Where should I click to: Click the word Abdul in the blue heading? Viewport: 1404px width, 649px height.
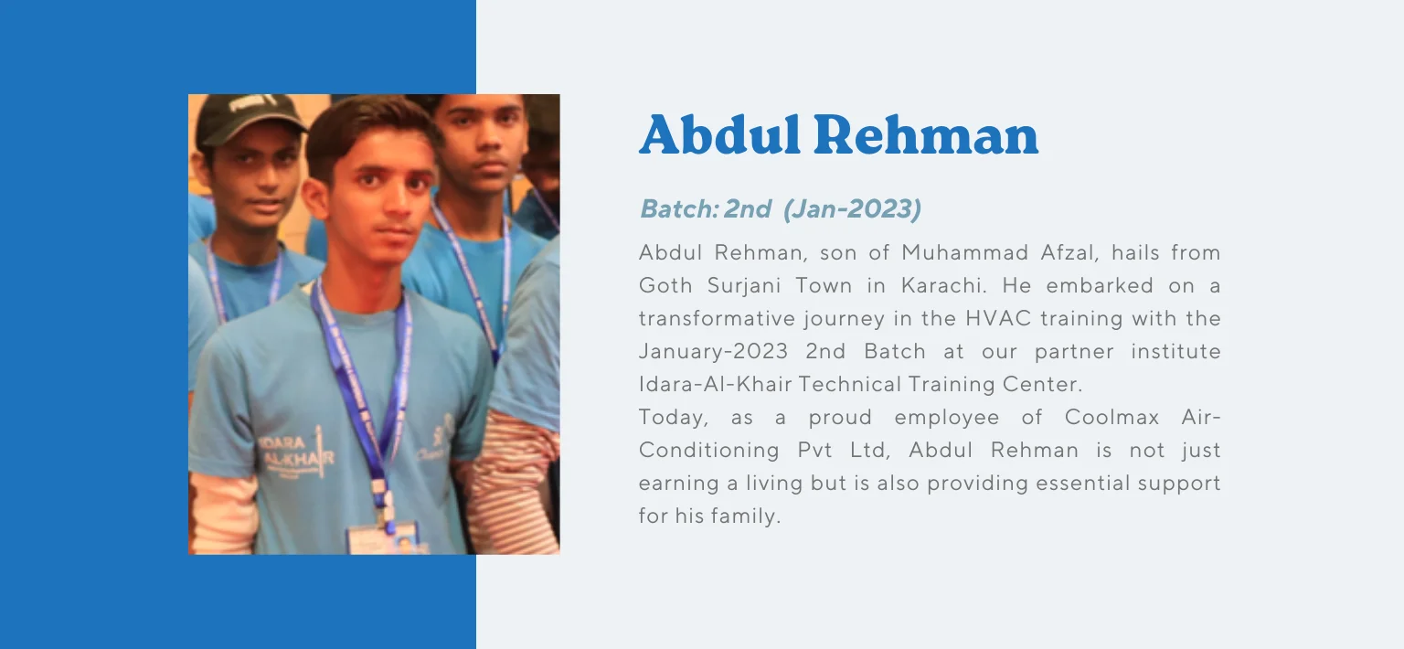(x=719, y=134)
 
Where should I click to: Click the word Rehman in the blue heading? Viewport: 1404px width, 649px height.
(x=926, y=134)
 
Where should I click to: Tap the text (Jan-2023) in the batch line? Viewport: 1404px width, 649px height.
(x=853, y=208)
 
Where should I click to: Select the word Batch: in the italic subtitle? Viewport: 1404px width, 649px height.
(x=679, y=208)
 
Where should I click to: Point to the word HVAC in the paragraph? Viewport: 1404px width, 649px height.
(x=998, y=318)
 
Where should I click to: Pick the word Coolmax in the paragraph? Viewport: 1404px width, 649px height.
(x=1111, y=417)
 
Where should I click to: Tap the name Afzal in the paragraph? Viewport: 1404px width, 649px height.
(x=1068, y=252)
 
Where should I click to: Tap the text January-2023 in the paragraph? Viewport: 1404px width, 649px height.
(x=713, y=352)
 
